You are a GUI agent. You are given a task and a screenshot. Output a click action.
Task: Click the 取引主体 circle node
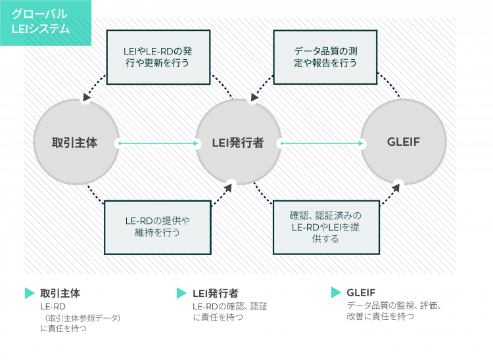pos(76,142)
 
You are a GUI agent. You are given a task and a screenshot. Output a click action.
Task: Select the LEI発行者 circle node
pos(238,142)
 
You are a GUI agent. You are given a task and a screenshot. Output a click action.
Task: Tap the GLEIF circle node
pos(403,142)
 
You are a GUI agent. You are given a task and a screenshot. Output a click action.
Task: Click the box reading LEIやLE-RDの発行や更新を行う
pos(158,56)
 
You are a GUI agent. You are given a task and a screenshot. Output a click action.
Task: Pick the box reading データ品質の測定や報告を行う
pos(325,56)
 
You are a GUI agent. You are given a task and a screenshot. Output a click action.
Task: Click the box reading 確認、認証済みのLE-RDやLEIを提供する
pos(325,227)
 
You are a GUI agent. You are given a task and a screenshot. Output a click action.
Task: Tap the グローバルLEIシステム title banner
pos(45,22)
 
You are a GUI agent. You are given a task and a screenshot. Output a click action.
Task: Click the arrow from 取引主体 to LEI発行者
pos(159,143)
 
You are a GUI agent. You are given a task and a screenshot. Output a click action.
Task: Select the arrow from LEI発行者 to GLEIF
pos(323,143)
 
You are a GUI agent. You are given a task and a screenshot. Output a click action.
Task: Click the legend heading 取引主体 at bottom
pos(60,293)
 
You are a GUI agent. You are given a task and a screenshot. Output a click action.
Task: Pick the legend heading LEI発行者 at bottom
pos(216,293)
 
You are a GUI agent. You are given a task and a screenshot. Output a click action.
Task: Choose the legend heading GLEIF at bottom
pos(361,292)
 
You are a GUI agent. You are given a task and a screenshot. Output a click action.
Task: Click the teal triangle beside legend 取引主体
pos(29,293)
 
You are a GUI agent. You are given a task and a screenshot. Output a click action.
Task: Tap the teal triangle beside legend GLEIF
pos(336,292)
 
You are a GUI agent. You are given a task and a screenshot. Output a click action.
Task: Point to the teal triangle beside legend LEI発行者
pos(182,293)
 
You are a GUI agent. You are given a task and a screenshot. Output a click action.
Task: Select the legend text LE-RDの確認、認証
pos(230,305)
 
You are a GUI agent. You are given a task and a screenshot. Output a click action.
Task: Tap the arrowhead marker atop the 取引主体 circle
pos(85,98)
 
